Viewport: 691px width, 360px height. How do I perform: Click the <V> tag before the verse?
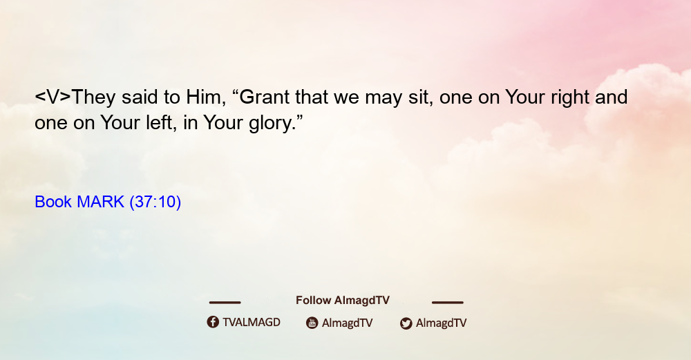point(53,97)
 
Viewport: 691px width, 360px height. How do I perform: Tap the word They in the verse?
point(93,97)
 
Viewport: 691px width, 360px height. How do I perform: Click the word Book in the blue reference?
point(53,202)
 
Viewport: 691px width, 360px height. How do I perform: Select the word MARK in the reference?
point(100,202)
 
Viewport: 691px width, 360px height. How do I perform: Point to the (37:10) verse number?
point(155,202)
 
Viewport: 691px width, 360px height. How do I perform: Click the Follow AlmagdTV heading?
point(343,301)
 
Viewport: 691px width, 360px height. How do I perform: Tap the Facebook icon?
point(213,322)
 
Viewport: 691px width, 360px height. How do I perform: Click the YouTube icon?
point(312,323)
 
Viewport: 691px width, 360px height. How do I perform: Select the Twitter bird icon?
point(406,323)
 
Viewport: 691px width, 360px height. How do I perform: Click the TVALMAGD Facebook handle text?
point(252,323)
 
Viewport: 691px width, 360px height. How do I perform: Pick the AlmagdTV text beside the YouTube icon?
point(348,323)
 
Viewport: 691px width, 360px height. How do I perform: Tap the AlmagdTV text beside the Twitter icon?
point(441,323)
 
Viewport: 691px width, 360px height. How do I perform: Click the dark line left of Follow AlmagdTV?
point(225,303)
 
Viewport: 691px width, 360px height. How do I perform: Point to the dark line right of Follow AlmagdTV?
point(448,303)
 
